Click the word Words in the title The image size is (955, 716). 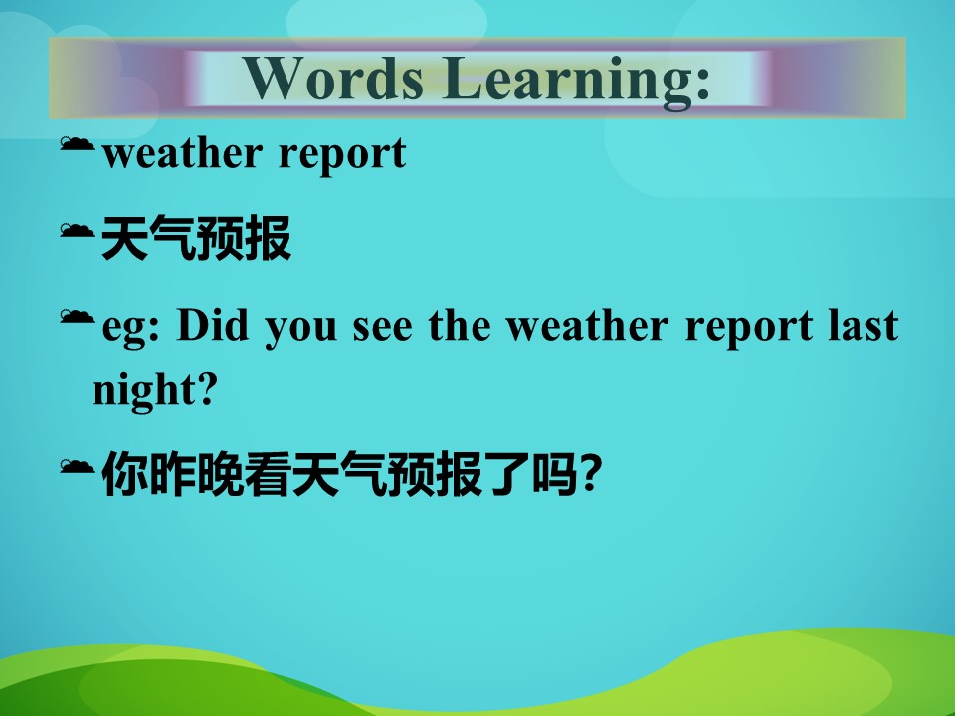tap(334, 78)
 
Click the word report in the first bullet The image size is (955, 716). tap(342, 156)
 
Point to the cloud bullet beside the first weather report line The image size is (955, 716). tap(77, 143)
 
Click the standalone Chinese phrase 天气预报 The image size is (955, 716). tap(197, 238)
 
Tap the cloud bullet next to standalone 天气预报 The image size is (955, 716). tap(77, 230)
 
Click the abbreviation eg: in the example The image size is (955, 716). tap(130, 329)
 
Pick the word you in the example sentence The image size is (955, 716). tap(300, 329)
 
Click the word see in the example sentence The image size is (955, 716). tap(382, 328)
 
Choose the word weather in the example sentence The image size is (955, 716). tap(587, 325)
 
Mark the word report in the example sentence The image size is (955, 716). tap(748, 329)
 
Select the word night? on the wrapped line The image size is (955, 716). tap(155, 390)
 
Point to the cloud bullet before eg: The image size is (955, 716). tap(77, 316)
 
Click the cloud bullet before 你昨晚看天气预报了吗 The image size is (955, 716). tap(77, 467)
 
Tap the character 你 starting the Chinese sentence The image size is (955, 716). tap(125, 473)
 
